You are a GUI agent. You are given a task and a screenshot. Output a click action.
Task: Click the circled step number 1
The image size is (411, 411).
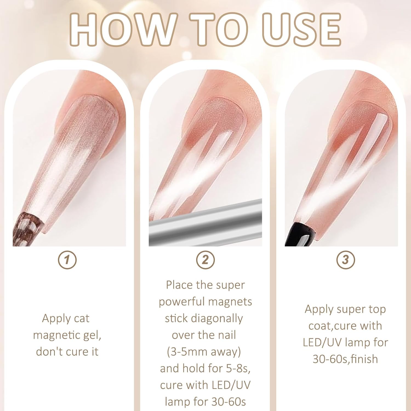click(67, 259)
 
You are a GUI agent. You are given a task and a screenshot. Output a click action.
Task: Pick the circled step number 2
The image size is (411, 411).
click(206, 259)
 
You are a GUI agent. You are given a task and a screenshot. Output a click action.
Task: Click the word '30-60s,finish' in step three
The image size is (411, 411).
click(345, 359)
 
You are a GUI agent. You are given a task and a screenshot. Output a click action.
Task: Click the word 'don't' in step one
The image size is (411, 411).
click(49, 352)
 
